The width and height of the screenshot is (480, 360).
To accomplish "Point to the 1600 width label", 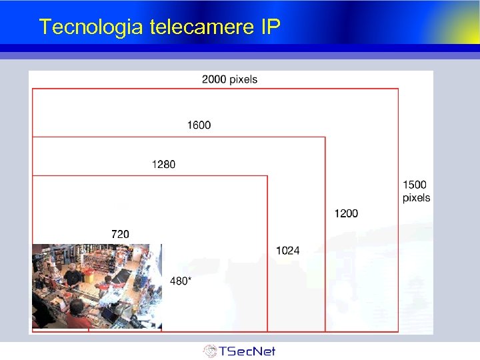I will pos(199,125).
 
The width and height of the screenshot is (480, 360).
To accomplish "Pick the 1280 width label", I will pos(163,164).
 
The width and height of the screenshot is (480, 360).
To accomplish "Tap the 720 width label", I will pos(120,234).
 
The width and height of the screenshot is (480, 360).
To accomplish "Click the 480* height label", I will pos(181,281).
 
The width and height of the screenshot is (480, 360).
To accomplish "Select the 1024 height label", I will pos(287,251).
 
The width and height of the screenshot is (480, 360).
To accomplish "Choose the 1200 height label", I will pos(346,213).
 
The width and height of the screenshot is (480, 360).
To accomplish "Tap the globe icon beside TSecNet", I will pos(210,351).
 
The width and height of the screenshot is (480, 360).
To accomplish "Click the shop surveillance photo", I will pos(97,287).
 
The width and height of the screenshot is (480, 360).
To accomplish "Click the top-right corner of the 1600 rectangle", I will pos(325,137).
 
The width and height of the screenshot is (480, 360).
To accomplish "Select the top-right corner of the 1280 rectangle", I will pos(267,176).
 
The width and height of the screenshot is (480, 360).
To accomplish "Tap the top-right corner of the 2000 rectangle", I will pos(399,89).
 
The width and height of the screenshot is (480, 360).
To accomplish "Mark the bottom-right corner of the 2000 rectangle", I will pos(399,331).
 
